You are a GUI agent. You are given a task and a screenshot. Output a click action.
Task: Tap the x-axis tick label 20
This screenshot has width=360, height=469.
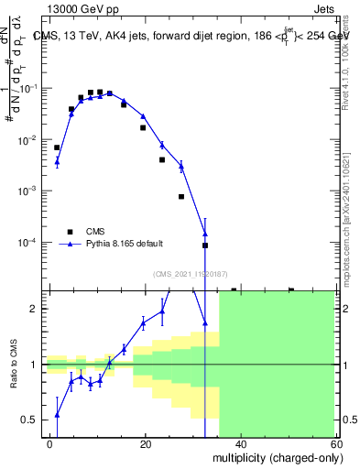point(146,444)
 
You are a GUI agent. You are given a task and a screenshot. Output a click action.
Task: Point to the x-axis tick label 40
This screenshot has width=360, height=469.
point(240,444)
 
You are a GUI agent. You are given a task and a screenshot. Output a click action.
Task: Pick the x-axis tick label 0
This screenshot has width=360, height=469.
point(50,444)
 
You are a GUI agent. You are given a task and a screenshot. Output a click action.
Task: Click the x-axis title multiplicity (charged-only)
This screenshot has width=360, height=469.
point(272,457)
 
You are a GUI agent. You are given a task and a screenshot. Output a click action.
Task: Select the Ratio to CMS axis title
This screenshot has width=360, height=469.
point(16,365)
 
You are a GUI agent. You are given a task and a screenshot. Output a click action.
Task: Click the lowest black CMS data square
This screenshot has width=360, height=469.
point(205,245)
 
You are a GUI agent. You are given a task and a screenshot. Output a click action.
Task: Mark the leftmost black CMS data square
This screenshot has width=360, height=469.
point(57,147)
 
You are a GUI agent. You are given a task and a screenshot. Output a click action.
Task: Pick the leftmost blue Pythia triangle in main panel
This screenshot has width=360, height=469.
point(57,162)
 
